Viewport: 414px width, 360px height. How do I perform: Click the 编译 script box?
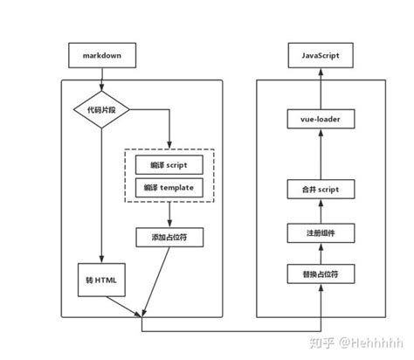pyautogui.click(x=169, y=163)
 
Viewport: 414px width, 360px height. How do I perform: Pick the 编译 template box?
pyautogui.click(x=169, y=187)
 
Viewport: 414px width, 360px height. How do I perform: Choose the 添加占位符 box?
pyautogui.click(x=169, y=237)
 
